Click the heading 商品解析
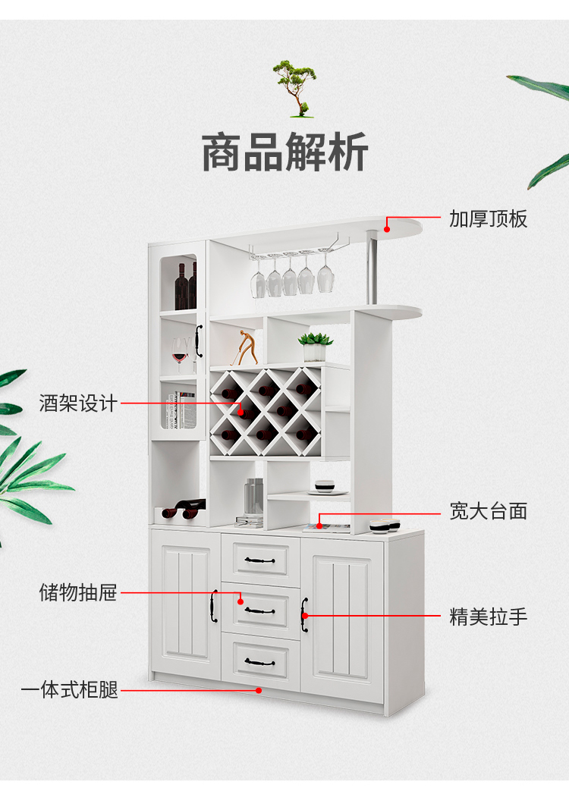[284, 152]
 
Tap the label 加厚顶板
[488, 219]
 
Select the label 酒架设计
[78, 403]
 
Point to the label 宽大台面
[488, 511]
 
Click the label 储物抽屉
[78, 592]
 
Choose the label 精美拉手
[488, 617]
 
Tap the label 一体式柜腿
[70, 690]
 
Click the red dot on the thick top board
[387, 227]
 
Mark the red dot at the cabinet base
[259, 690]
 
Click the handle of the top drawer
[259, 560]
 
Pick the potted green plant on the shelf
[315, 346]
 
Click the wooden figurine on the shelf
[246, 347]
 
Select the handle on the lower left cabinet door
[214, 606]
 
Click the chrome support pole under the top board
[373, 269]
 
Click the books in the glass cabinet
[181, 409]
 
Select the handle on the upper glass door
[199, 340]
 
